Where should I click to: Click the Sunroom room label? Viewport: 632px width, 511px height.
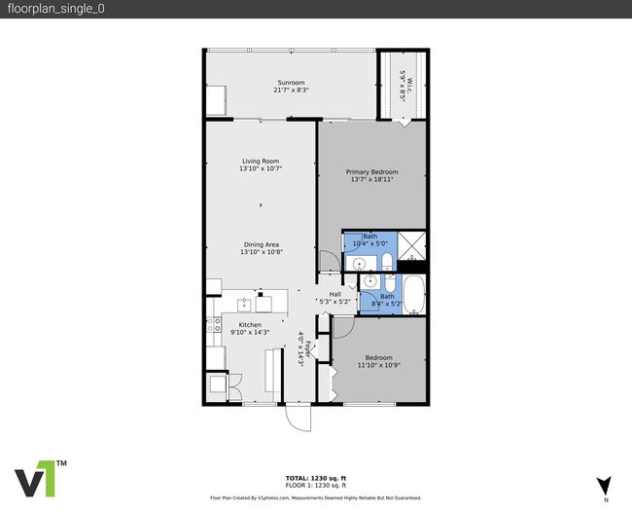291,83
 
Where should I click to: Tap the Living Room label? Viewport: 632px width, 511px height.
261,161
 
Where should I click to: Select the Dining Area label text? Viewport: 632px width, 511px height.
262,244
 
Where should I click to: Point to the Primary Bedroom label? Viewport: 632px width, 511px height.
371,172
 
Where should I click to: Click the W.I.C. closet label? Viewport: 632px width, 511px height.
409,86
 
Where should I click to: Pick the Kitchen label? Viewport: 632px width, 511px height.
250,325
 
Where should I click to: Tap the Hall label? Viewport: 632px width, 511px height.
334,294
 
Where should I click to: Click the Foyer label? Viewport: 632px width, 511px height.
308,349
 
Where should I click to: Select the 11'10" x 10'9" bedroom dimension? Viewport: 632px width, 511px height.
379,365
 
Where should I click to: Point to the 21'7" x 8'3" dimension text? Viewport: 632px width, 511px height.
291,90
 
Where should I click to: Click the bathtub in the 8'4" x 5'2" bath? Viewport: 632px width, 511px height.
414,295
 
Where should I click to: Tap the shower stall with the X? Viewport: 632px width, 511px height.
411,246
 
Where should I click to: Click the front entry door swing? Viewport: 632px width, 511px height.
298,418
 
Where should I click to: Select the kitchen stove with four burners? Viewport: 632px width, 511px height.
214,324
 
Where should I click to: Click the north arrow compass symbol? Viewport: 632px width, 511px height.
604,486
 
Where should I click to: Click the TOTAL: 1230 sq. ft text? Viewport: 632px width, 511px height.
316,478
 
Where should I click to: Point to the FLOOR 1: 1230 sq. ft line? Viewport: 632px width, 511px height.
316,485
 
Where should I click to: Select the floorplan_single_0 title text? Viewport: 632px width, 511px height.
56,9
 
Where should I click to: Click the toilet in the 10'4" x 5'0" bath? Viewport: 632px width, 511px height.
387,263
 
